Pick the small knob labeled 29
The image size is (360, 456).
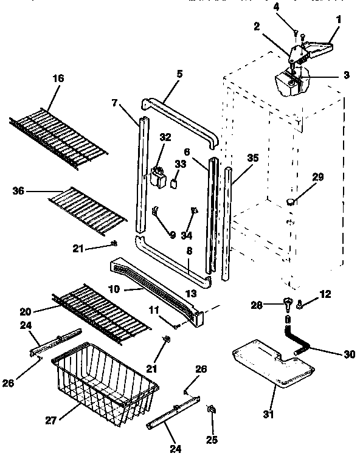tap(291, 201)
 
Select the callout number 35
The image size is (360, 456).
tap(252, 157)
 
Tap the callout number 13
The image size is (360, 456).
tap(191, 294)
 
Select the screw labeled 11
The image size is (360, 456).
tap(176, 326)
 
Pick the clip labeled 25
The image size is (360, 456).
tap(212, 410)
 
